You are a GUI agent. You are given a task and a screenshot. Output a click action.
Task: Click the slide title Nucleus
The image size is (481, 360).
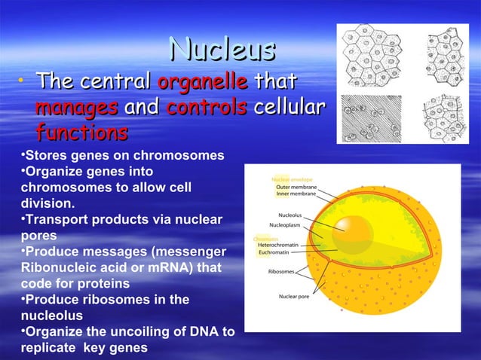coord(221,50)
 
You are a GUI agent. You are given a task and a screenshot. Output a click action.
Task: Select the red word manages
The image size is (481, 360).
coord(75,108)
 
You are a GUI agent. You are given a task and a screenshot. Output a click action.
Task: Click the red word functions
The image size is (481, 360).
coord(81,134)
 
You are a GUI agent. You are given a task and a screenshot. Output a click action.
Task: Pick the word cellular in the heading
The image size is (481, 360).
coord(290,108)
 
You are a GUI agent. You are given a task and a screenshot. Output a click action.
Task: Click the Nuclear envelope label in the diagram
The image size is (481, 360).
coord(294,180)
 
